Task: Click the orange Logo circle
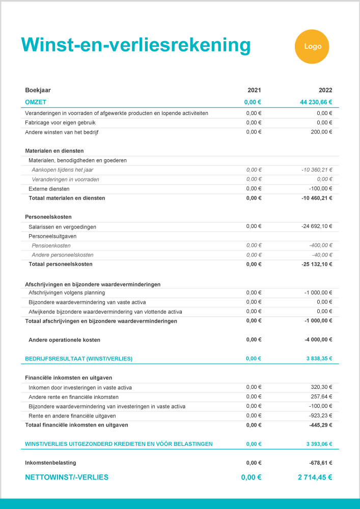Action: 313,46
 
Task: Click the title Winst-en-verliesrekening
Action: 135,45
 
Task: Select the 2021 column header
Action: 254,90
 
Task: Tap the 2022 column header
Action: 325,90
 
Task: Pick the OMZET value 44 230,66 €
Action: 316,102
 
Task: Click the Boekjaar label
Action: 38,90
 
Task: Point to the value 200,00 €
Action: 321,132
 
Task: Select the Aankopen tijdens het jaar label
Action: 62,169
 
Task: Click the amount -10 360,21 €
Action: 316,169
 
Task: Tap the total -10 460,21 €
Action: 316,198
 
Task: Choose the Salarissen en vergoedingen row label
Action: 62,227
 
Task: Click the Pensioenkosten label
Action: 51,245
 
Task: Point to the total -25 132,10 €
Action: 316,264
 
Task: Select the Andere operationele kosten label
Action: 64,340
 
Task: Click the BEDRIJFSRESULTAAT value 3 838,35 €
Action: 319,358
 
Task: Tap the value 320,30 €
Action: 321,387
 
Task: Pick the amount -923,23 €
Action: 320,415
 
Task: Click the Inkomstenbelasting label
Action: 50,463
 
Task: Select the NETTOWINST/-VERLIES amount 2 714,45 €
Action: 315,477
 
